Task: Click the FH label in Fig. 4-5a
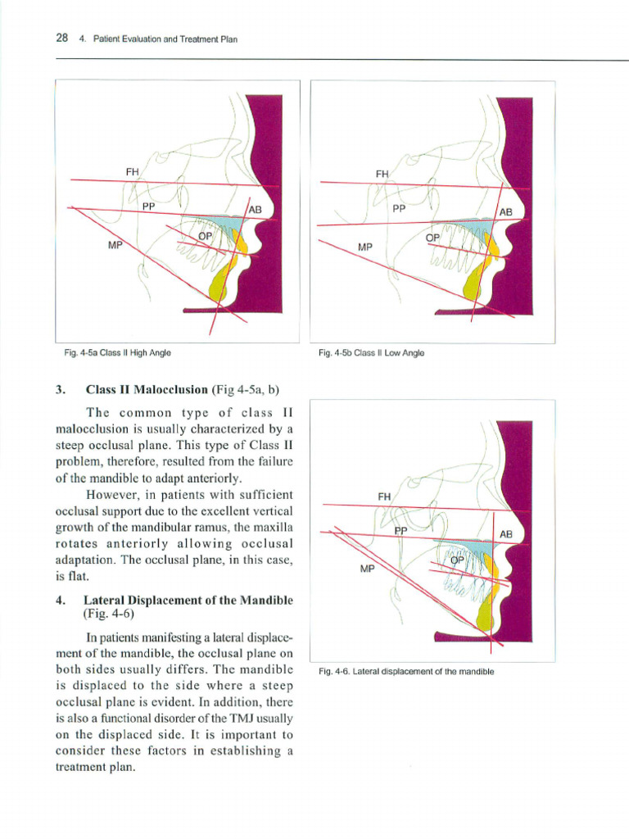coord(132,172)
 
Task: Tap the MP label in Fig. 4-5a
coord(115,244)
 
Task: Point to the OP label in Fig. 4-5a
coord(205,236)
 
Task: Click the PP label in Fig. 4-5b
coord(399,209)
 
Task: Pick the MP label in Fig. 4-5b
coord(365,247)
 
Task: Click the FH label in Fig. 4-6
coord(384,497)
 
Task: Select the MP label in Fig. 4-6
coord(366,568)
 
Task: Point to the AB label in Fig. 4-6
coord(505,534)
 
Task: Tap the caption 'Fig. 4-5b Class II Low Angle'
coord(372,353)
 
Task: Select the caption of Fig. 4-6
coord(406,672)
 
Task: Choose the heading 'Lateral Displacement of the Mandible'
coord(188,601)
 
